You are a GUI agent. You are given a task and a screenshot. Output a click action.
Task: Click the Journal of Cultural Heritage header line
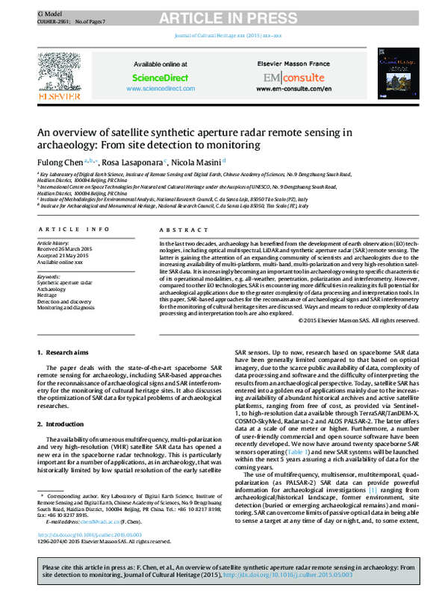(223, 36)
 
